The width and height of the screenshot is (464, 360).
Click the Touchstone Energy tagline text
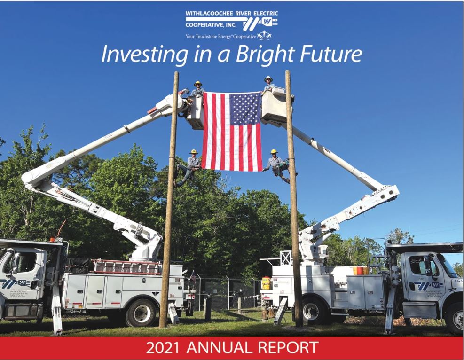221,36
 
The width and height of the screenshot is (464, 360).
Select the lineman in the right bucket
268,85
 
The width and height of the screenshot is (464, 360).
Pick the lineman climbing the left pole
190,165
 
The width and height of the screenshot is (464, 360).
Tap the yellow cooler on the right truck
267,282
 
